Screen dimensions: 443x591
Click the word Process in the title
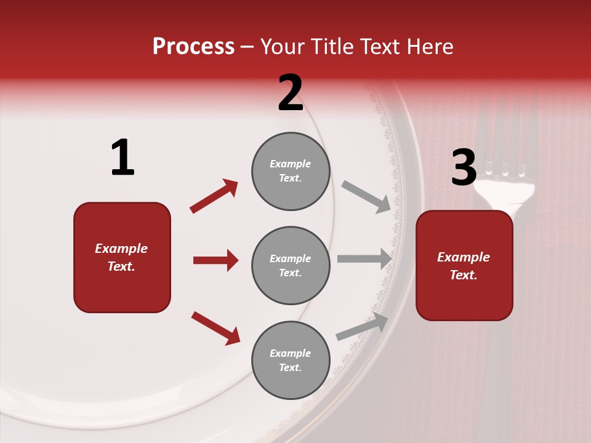[193, 47]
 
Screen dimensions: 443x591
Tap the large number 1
[123, 158]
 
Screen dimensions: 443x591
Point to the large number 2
[291, 92]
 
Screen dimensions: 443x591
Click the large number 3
[464, 167]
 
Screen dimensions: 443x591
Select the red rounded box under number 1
[122, 257]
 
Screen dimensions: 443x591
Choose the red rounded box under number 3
[464, 265]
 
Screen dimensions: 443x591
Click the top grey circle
[291, 171]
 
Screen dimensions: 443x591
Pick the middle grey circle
[291, 265]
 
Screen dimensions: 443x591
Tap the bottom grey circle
[291, 360]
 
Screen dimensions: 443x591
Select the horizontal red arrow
[215, 260]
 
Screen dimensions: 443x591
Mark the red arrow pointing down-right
[215, 327]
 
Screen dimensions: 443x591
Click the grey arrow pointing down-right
[366, 196]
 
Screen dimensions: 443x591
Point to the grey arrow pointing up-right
[362, 327]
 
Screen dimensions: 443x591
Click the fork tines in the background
[505, 148]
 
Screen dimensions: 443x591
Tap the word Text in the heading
[381, 47]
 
